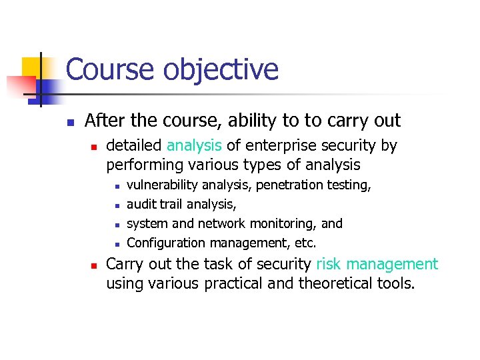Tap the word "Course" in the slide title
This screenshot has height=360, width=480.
(107, 70)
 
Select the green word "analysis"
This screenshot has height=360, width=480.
(194, 145)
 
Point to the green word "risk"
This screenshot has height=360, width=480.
(329, 264)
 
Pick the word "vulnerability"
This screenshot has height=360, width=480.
(162, 185)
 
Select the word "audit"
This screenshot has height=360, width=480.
(141, 204)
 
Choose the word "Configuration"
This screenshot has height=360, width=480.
(167, 243)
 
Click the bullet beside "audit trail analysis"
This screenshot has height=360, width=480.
(116, 205)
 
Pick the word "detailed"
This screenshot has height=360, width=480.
(134, 145)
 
